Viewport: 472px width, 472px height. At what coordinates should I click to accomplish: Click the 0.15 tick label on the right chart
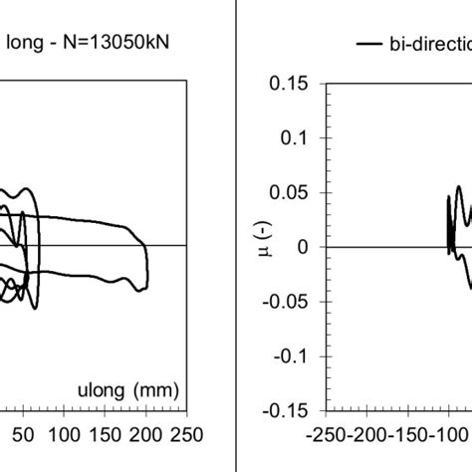tap(289, 83)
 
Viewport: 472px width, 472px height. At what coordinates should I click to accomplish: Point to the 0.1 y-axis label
tap(294, 137)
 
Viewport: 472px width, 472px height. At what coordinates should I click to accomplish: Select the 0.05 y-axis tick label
tap(289, 192)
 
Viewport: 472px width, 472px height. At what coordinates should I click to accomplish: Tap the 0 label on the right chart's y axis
tap(303, 247)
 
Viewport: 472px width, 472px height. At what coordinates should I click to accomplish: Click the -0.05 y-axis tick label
tap(285, 302)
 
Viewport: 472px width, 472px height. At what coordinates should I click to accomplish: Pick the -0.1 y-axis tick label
tap(291, 356)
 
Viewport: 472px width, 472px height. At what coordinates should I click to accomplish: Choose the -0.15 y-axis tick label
tap(285, 411)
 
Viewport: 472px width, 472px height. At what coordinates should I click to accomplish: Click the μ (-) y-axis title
tap(265, 240)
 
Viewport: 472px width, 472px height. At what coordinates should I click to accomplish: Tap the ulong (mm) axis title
tap(128, 390)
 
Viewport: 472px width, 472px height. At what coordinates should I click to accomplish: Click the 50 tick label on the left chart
tap(23, 435)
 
